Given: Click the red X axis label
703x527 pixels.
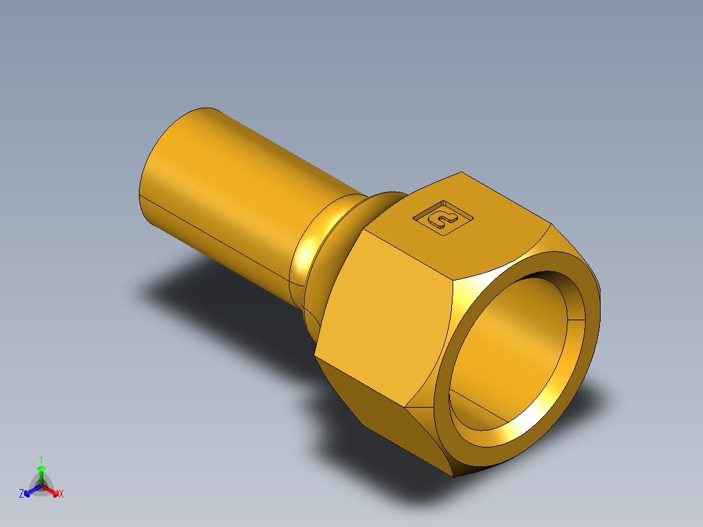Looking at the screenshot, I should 61,494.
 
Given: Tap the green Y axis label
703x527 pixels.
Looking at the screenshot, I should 41,458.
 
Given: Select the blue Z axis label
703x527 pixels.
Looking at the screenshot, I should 22,494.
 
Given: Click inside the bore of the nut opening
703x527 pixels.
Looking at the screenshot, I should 515,346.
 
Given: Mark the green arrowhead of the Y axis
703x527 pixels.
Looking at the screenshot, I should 41,468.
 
